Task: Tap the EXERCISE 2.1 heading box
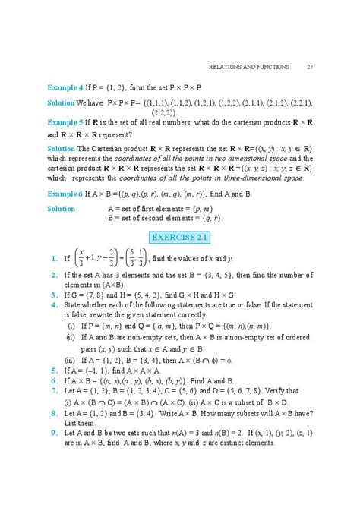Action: pyautogui.click(x=180, y=238)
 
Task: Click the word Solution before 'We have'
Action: pyautogui.click(x=61, y=102)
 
